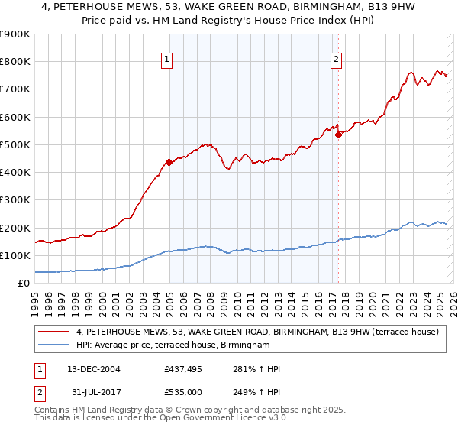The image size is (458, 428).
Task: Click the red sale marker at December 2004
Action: (x=169, y=162)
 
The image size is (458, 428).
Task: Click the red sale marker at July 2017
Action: (x=338, y=135)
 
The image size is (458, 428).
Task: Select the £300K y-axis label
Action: (x=15, y=200)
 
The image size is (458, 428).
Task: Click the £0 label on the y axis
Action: (x=23, y=284)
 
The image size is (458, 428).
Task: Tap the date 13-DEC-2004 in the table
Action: (x=93, y=369)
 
